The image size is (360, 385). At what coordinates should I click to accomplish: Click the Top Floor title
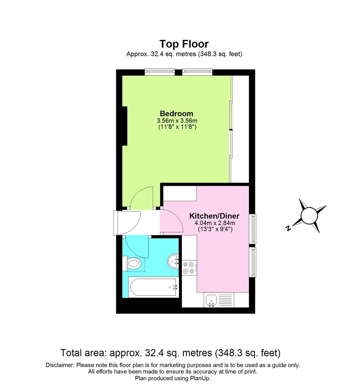coord(184,44)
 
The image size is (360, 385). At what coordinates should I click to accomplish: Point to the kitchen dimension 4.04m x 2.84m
coord(215,223)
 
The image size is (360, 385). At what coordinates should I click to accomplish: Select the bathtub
coord(153,287)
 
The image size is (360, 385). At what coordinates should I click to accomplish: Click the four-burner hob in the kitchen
coord(189,268)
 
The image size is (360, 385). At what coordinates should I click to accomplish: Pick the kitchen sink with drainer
coord(219,300)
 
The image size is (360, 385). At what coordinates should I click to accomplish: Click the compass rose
coord(309,216)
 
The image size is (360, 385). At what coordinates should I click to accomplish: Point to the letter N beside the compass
coord(288,229)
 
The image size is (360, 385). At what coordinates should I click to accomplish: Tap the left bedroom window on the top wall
coord(159,72)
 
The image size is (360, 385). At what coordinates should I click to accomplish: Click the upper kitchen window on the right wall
coord(253,229)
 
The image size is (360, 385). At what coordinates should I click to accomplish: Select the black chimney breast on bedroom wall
coord(124,126)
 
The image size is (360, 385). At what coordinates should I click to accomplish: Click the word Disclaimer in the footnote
coord(60,365)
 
